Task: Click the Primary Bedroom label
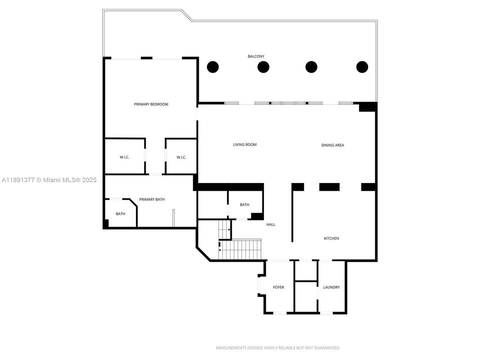151,104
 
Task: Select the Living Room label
244,145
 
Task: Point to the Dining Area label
332,145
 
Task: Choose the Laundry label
331,287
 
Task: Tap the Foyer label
278,287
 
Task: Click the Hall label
270,224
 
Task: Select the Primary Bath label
152,199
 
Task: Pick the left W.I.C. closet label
124,157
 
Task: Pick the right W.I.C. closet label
181,157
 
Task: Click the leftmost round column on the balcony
213,66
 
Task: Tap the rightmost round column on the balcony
362,66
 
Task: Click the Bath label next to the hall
244,204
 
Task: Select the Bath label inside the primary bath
120,214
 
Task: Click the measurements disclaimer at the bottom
277,347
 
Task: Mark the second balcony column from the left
263,66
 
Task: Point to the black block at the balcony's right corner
367,107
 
